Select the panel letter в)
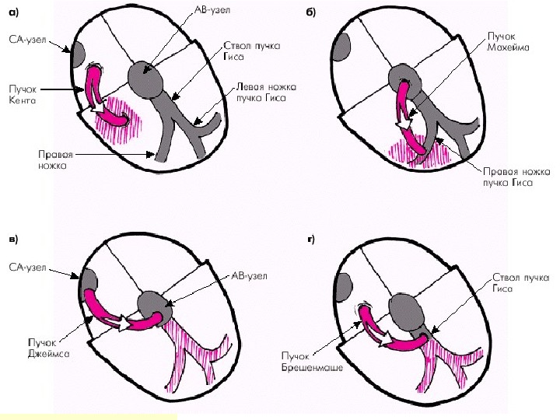(14, 237)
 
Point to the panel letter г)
(310, 237)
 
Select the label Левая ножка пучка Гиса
(257, 93)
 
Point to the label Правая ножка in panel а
(54, 159)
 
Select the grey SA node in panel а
(78, 54)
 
